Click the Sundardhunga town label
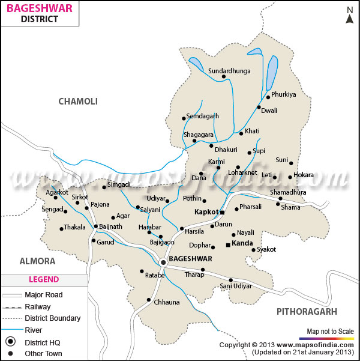tap(229, 71)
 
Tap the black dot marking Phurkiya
tap(267, 97)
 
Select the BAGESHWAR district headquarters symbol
tap(163, 262)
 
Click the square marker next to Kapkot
tap(222, 213)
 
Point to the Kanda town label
tap(242, 244)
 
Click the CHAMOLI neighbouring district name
tap(77, 102)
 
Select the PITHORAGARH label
tap(307, 311)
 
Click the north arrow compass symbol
tap(350, 14)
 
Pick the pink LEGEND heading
tap(44, 279)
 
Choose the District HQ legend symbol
tap(10, 342)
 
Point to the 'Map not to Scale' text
tap(329, 331)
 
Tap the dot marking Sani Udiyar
tap(231, 279)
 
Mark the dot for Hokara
tap(290, 177)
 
